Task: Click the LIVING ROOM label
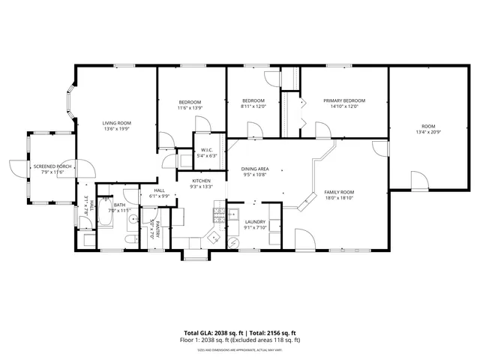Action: pyautogui.click(x=117, y=123)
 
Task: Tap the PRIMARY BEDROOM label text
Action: pyautogui.click(x=343, y=100)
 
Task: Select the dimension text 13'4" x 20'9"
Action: pyautogui.click(x=427, y=132)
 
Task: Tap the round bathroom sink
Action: pyautogui.click(x=131, y=220)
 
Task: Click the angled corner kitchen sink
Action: pyautogui.click(x=213, y=238)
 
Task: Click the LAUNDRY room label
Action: pyautogui.click(x=256, y=221)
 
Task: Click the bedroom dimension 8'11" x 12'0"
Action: pyautogui.click(x=253, y=106)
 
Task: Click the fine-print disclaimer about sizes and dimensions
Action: pyautogui.click(x=240, y=349)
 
